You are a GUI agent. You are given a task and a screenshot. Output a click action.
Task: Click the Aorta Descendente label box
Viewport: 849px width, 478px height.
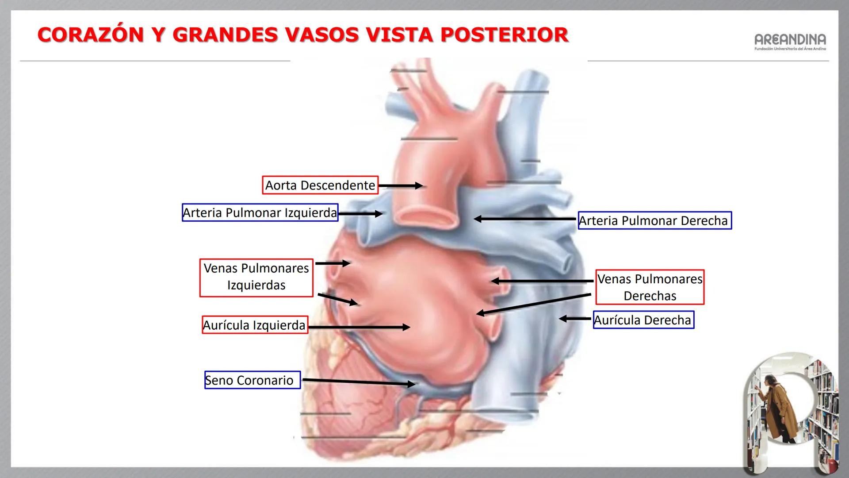point(320,185)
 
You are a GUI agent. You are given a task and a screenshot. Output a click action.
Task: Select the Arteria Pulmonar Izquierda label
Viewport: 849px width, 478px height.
point(260,213)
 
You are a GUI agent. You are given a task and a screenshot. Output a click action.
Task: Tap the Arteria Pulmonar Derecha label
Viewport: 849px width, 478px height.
point(654,220)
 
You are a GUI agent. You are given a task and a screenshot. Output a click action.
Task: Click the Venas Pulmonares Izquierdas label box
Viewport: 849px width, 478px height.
point(256,277)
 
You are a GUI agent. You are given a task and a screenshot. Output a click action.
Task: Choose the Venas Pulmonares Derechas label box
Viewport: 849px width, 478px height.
point(650,287)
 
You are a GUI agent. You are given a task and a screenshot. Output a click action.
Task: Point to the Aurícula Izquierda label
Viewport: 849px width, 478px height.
point(255,325)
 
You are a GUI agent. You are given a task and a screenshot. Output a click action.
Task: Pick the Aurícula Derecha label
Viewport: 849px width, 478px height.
point(643,320)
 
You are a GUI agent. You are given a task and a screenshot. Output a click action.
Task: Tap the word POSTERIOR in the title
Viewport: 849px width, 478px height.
point(504,35)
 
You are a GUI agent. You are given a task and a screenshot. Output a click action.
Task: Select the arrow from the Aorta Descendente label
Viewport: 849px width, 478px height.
point(401,186)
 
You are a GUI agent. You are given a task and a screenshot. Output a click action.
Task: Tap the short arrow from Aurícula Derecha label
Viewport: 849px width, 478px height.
point(575,319)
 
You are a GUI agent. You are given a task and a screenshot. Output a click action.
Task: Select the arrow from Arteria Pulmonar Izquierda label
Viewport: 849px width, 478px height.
point(360,214)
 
